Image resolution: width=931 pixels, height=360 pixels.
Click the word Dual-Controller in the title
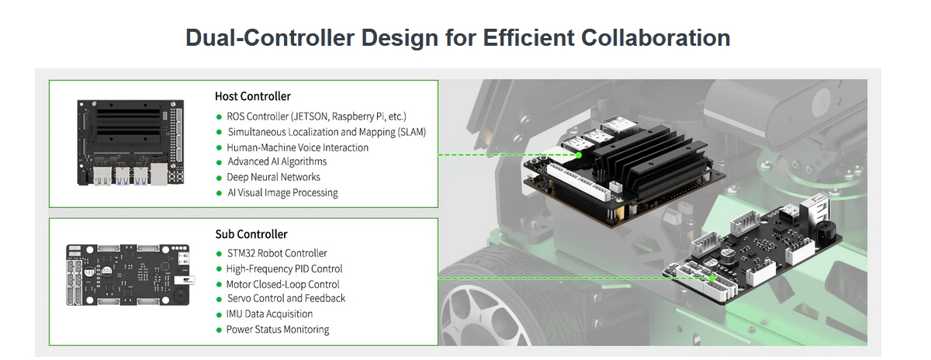[x=270, y=38]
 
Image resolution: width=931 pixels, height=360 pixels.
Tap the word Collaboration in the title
[x=656, y=38]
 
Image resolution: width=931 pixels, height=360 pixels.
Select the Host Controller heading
[x=253, y=96]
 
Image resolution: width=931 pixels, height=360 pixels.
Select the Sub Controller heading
[x=251, y=234]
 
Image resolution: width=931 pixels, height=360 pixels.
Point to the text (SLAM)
[x=412, y=132]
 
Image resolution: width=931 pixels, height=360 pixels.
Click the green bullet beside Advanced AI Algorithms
[x=219, y=163]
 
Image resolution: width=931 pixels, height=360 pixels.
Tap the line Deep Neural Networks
[x=273, y=177]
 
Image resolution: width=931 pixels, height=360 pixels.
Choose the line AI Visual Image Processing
[x=282, y=193]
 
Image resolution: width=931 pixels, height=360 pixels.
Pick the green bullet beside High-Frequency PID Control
[x=219, y=269]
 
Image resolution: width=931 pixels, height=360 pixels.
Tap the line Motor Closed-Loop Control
[x=282, y=284]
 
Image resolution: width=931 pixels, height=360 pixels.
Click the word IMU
[x=234, y=314]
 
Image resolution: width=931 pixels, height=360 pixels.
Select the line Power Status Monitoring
[x=278, y=330]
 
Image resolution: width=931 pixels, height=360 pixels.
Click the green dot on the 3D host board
[x=579, y=155]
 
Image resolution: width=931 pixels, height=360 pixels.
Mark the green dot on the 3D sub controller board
[x=712, y=278]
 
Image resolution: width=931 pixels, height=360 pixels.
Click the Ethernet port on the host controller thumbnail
[x=159, y=174]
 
